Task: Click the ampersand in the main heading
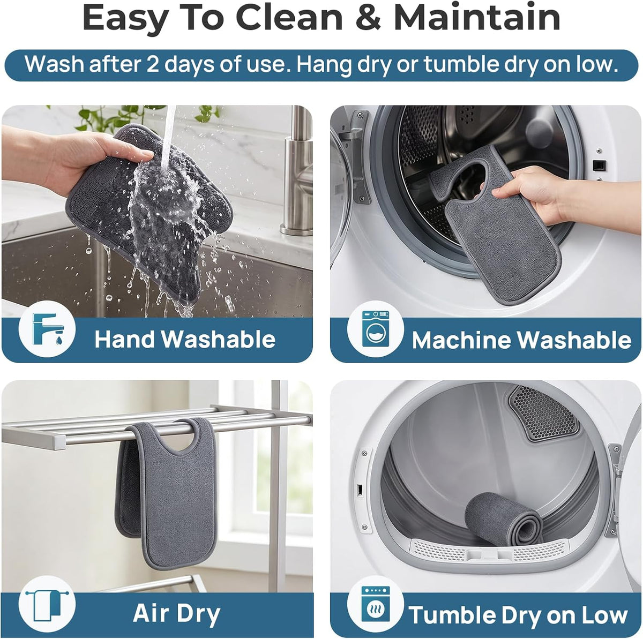368,17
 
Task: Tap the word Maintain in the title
477,17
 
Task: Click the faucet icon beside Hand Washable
47,329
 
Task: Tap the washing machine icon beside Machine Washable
376,329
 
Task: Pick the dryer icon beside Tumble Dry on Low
376,604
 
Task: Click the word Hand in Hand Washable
125,340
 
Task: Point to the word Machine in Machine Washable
462,340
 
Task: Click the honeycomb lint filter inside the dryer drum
543,413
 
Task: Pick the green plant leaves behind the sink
133,117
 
